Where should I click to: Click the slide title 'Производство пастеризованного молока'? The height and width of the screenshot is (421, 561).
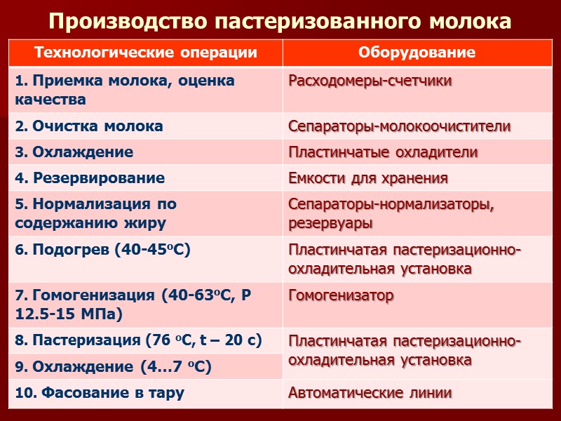tap(280, 21)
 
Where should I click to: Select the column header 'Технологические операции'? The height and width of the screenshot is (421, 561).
tap(145, 53)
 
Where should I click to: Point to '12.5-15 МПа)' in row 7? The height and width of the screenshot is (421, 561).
tap(69, 314)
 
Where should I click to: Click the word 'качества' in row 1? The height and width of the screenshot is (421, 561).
tap(50, 99)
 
